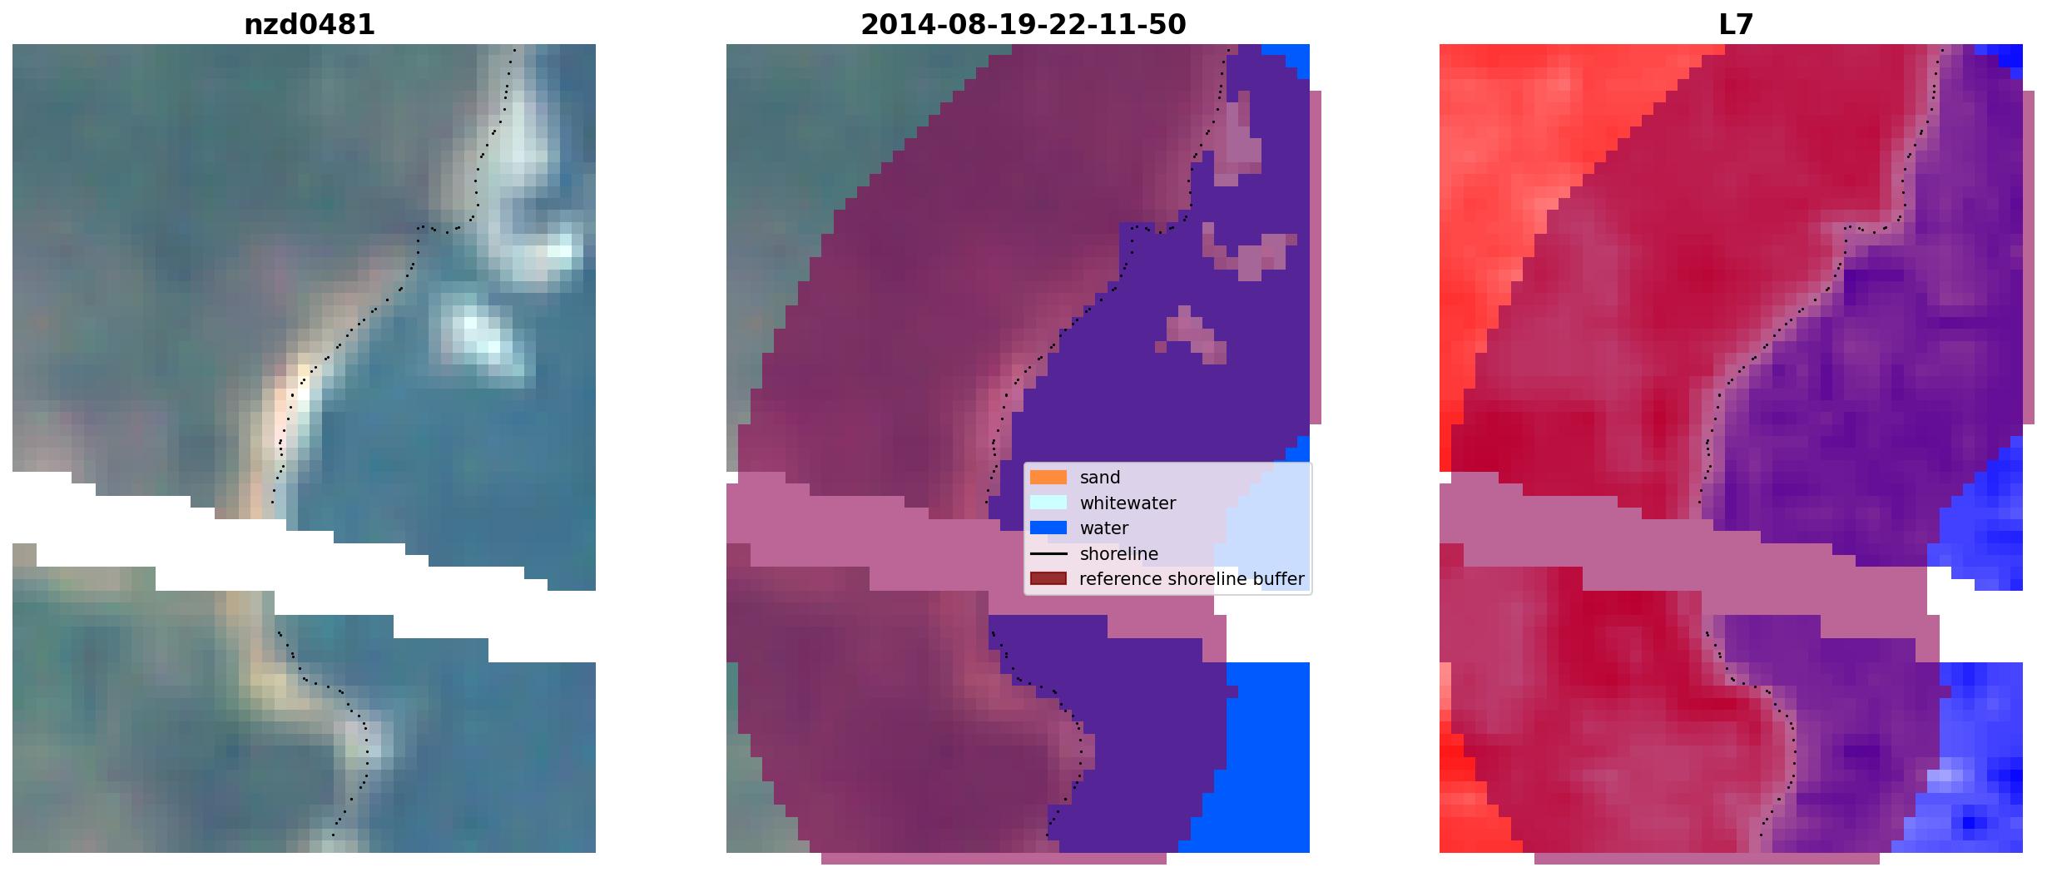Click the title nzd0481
[309, 25]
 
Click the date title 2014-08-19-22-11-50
[1023, 25]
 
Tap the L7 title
[1736, 25]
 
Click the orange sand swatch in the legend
[1048, 478]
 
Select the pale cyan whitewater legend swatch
[1048, 503]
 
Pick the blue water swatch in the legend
[1048, 528]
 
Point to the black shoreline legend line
[1048, 553]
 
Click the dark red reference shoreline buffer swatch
[1048, 578]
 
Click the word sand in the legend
[1100, 478]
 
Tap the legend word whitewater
[1128, 503]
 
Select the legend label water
[1104, 528]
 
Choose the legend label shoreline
[1119, 554]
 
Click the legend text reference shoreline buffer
[1192, 579]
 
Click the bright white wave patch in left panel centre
[478, 334]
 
